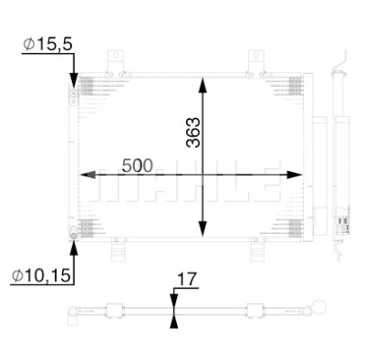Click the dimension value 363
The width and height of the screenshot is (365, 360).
click(193, 132)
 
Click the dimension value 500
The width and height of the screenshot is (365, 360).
click(137, 165)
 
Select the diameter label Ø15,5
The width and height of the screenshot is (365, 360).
click(47, 45)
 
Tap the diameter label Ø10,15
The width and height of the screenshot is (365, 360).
click(41, 275)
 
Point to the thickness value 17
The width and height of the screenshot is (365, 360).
click(187, 280)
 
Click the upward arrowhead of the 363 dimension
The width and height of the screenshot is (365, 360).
click(203, 85)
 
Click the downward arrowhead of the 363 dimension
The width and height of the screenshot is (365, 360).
click(203, 228)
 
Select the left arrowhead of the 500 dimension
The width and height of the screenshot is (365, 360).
click(88, 175)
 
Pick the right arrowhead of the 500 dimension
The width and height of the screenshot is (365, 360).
click(294, 175)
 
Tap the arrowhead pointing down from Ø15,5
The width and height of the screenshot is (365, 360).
click(74, 81)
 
